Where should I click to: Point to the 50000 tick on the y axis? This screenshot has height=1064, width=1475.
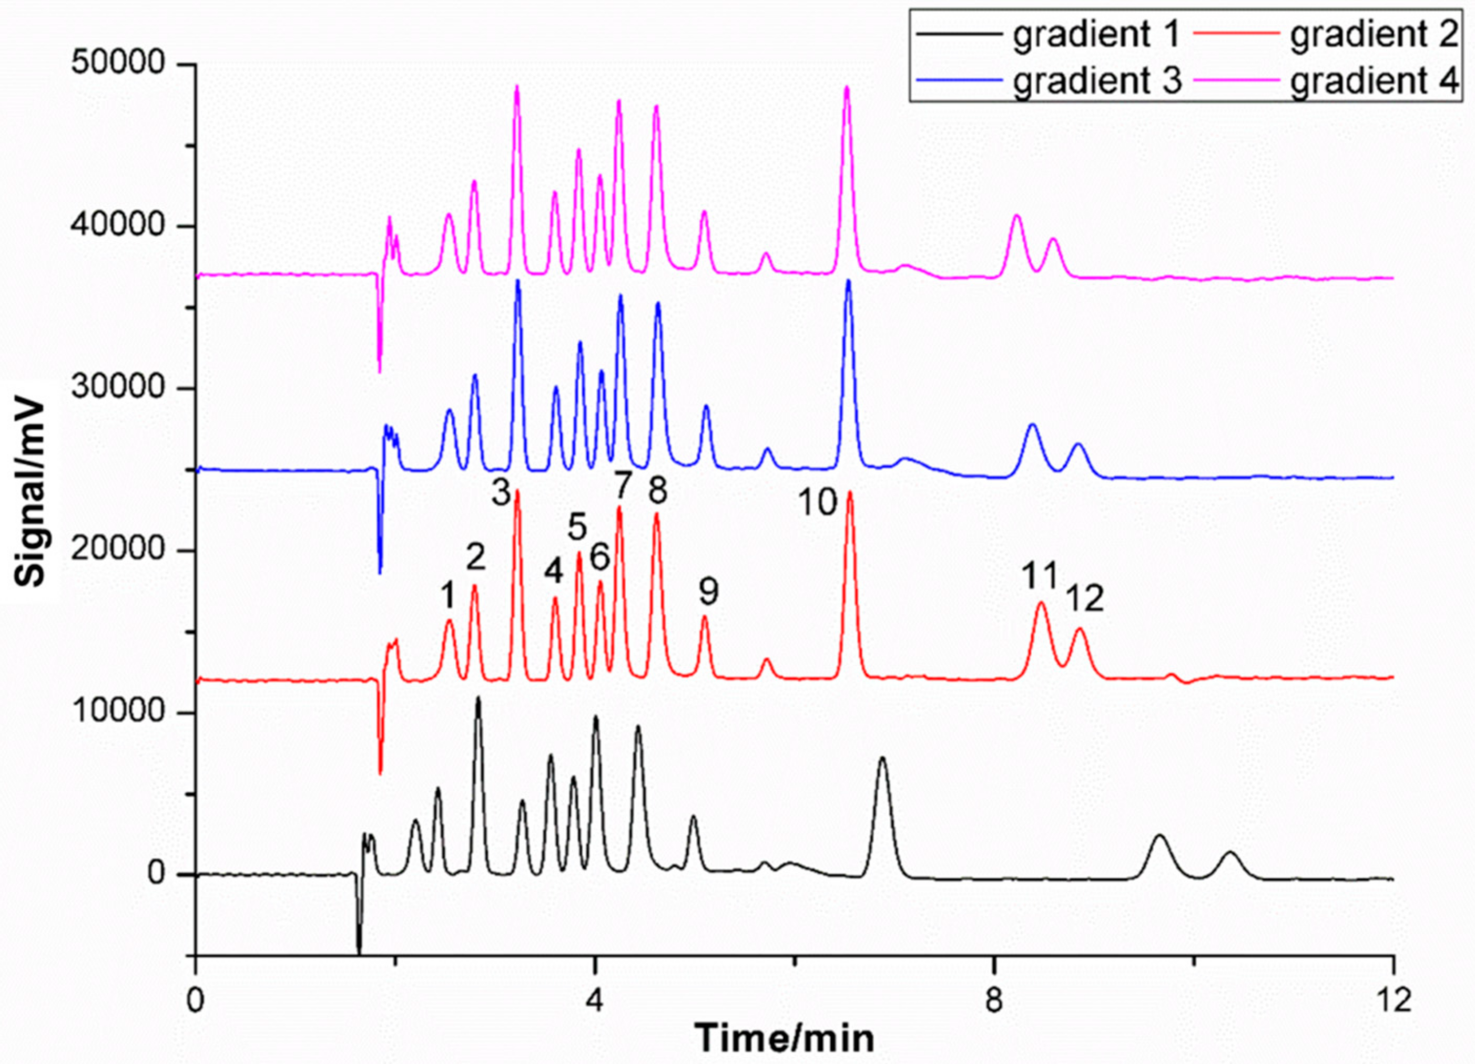pyautogui.click(x=117, y=64)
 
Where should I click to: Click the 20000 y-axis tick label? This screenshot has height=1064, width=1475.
pyautogui.click(x=117, y=551)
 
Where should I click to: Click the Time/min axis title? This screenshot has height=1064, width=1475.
pyautogui.click(x=785, y=1038)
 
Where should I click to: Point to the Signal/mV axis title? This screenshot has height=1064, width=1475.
pyautogui.click(x=31, y=494)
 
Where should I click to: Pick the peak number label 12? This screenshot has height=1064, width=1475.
pyautogui.click(x=1085, y=598)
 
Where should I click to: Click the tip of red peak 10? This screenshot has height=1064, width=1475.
pyautogui.click(x=849, y=492)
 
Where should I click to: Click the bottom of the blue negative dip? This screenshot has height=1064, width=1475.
pyautogui.click(x=380, y=572)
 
